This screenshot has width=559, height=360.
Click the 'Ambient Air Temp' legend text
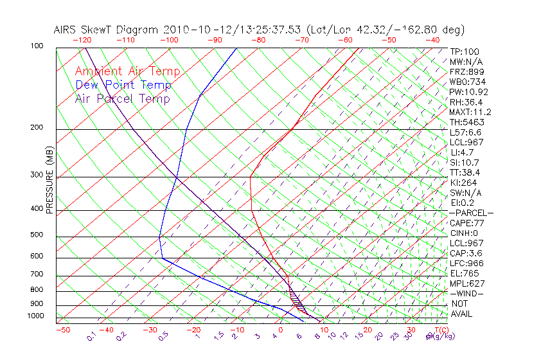(x=127, y=72)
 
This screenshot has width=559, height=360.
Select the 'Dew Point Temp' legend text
(x=123, y=85)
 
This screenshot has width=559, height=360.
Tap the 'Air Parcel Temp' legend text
(x=122, y=99)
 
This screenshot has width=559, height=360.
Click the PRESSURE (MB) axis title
(x=49, y=181)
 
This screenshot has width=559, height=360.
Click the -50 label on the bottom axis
(x=62, y=330)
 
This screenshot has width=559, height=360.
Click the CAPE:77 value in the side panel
(x=467, y=223)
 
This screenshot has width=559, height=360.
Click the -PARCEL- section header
(x=471, y=213)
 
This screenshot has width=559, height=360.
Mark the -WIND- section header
(x=467, y=293)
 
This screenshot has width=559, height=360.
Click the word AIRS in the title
(x=67, y=30)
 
